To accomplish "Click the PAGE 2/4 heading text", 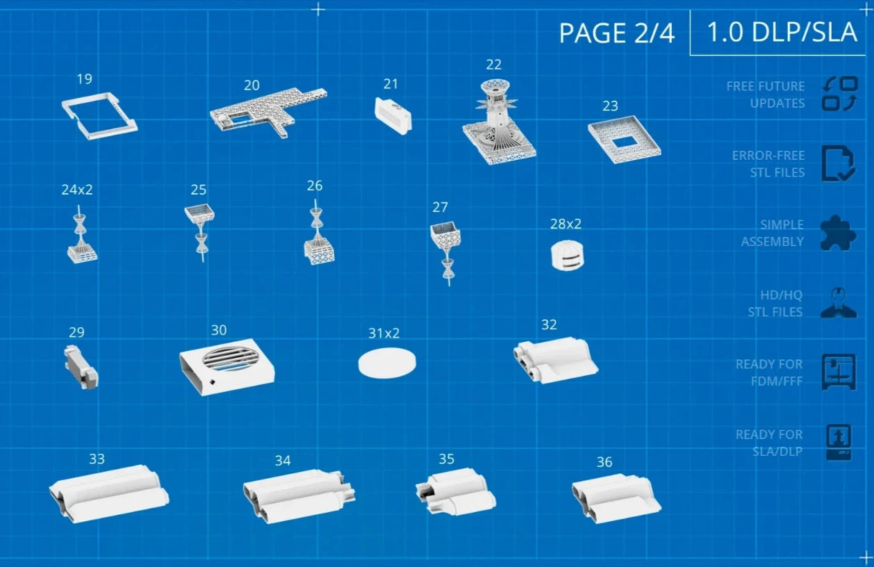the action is click(617, 33).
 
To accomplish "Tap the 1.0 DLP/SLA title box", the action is click(777, 33).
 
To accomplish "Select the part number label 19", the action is click(85, 79).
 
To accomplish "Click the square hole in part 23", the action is click(625, 142).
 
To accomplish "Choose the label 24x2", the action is click(77, 190).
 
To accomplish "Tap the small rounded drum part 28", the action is click(568, 256).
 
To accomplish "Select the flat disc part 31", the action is click(387, 363).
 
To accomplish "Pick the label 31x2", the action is click(384, 334).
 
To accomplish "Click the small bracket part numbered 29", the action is click(81, 367).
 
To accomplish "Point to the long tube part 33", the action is click(109, 493).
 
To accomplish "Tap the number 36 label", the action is click(604, 462).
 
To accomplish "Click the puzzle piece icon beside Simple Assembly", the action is click(838, 233).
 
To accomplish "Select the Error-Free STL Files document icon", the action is click(839, 163).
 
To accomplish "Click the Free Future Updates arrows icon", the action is click(840, 94).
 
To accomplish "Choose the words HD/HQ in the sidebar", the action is click(781, 295).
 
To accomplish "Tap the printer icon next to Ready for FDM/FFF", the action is click(839, 372).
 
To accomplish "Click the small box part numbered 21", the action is click(393, 116).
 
